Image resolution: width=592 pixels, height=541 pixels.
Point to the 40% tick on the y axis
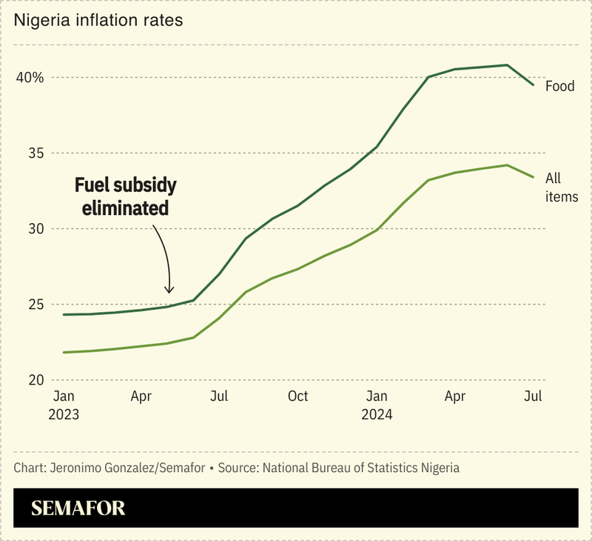point(32,77)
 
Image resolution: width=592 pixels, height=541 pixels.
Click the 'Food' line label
point(559,86)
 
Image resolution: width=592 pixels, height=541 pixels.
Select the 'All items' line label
point(561,187)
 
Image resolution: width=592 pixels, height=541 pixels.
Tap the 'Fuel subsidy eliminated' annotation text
point(126,196)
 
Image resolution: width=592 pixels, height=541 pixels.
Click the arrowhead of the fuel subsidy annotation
point(169,291)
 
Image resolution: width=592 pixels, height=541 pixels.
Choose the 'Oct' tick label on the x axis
point(297,396)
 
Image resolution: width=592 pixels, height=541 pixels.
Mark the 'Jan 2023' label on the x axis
point(64,405)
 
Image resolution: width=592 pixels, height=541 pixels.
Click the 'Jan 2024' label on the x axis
point(377,405)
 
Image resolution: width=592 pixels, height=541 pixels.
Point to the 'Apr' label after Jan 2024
point(454,396)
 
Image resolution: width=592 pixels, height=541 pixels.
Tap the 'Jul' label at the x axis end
point(533,396)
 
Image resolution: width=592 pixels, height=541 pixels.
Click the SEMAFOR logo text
point(78,508)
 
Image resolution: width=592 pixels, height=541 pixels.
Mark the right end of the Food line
point(533,85)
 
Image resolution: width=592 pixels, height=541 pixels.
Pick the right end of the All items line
point(533,177)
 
